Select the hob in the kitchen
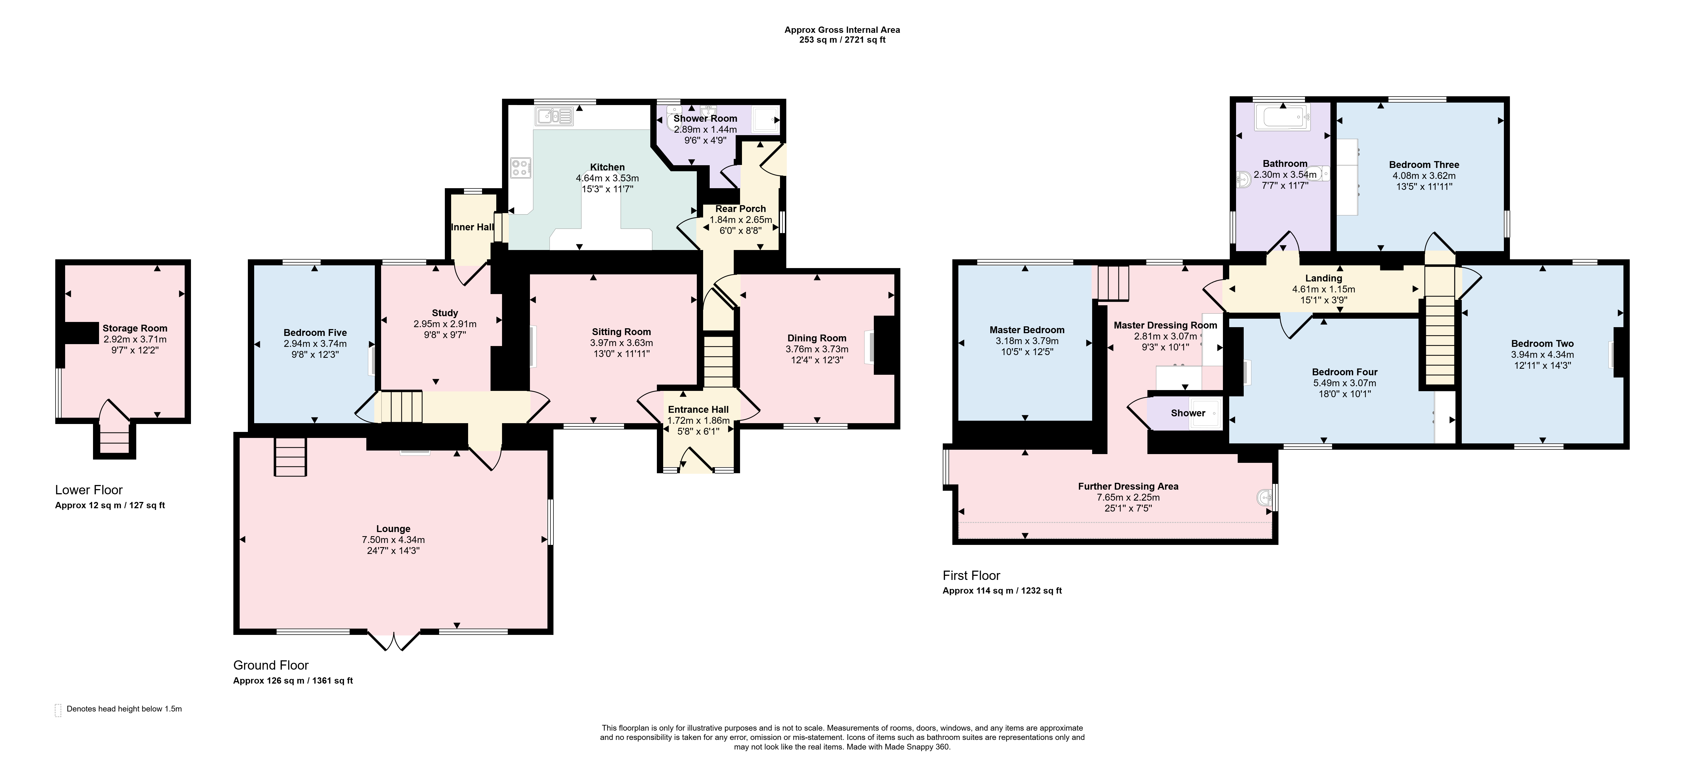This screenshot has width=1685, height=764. (x=521, y=167)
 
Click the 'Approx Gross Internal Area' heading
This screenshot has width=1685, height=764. (x=843, y=30)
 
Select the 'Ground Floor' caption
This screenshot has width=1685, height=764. (x=271, y=665)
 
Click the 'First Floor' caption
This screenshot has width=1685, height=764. (x=971, y=576)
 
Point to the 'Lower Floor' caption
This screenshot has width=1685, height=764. (x=89, y=490)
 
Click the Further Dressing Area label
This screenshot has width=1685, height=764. (x=1128, y=486)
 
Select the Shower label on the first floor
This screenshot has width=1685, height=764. (x=1188, y=413)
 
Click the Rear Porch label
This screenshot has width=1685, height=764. (x=741, y=209)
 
